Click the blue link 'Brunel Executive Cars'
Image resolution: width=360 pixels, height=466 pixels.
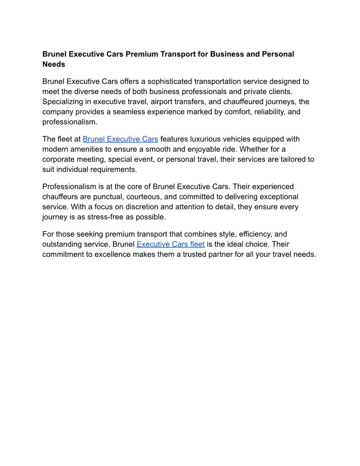click(x=120, y=139)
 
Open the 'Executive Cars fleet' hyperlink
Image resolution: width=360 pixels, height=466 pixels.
click(x=170, y=244)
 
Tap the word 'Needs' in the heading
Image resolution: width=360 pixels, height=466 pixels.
click(x=53, y=64)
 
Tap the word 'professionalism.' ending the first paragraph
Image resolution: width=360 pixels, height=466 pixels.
click(x=70, y=122)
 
